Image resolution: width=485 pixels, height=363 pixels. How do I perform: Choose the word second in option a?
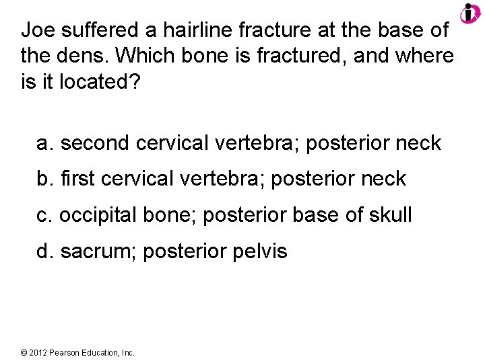[x=95, y=143]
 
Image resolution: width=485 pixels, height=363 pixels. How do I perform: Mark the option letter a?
[x=44, y=143]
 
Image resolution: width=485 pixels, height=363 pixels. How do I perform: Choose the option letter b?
[x=44, y=179]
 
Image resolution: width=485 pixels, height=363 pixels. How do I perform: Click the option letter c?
[x=44, y=215]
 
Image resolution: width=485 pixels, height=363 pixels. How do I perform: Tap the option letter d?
[x=44, y=251]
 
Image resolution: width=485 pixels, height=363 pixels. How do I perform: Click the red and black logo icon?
[x=470, y=13]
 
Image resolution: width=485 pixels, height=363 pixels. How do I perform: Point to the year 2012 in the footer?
[x=40, y=352]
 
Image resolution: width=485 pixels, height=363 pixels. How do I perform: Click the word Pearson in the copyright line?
[x=67, y=352]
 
